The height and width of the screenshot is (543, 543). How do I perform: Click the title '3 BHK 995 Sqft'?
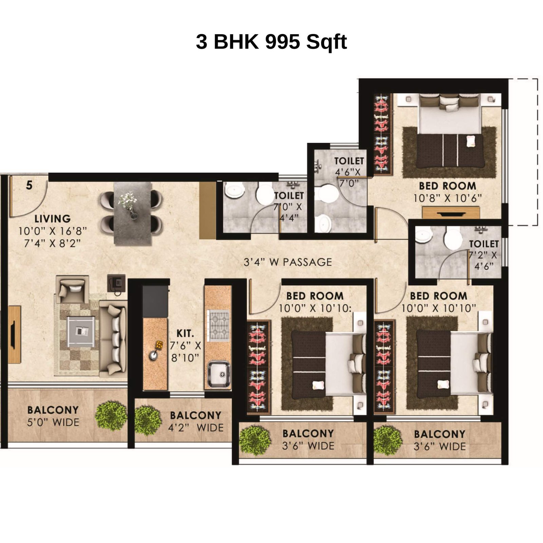(x=271, y=42)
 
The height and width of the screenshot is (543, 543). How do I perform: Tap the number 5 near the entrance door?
(x=30, y=185)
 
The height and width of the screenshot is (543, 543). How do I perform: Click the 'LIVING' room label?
(x=53, y=219)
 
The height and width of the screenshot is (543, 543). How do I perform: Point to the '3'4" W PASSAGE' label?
(x=288, y=262)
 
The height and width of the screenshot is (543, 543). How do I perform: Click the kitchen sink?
(x=219, y=374)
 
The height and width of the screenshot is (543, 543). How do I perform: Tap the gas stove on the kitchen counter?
(x=219, y=325)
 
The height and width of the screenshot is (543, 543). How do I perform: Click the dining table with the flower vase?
(x=132, y=213)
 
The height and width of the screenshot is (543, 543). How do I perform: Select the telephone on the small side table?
(x=116, y=283)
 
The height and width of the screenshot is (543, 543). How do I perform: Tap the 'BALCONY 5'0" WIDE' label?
(x=53, y=416)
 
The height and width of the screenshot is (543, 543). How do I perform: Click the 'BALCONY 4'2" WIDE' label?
(x=196, y=422)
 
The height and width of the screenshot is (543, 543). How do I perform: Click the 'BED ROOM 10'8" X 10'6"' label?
(x=447, y=192)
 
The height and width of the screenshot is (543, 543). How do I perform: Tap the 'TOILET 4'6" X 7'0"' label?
(x=349, y=172)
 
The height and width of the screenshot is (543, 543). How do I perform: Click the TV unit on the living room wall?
(x=15, y=334)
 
